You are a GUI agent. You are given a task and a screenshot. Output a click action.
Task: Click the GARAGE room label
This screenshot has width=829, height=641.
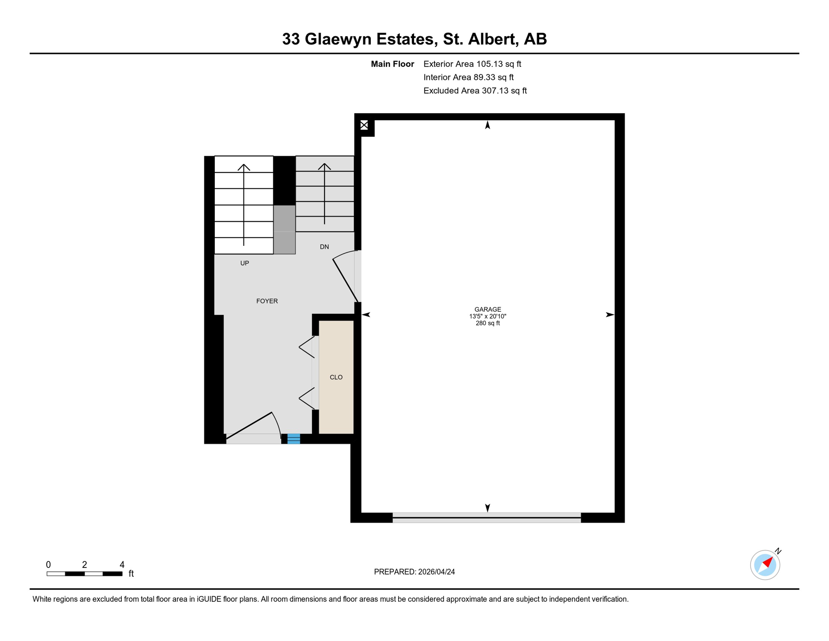point(487,309)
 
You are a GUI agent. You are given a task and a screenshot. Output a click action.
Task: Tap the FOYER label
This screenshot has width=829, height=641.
point(267,301)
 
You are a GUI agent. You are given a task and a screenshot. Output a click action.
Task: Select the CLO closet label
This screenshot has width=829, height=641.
point(336,377)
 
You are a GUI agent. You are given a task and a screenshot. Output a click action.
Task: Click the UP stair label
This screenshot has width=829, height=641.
point(245,263)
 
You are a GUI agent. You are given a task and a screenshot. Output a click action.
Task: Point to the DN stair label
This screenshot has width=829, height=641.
point(324,247)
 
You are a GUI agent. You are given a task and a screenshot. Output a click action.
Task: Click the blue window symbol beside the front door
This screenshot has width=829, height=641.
point(294,439)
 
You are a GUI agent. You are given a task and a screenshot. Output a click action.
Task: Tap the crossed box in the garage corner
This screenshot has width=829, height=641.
point(364,125)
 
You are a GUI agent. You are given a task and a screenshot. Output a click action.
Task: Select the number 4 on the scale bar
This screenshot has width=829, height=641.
point(122,565)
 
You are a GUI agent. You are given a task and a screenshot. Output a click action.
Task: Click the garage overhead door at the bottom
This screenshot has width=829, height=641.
point(487,517)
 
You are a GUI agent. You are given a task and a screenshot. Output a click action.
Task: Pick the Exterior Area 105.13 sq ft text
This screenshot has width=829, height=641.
point(472,64)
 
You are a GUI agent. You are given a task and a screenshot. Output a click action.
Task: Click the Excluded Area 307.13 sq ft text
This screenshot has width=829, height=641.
point(475,91)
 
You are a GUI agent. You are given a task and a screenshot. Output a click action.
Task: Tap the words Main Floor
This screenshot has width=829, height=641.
point(392,64)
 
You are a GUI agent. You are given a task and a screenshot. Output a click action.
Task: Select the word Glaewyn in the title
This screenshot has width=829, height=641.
point(338,39)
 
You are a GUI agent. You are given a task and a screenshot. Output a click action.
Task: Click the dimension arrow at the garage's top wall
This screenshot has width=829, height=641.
point(487,125)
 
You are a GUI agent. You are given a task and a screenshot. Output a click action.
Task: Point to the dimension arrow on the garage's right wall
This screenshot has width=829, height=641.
point(610,315)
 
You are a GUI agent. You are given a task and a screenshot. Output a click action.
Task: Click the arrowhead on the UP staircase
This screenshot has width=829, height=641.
point(244,167)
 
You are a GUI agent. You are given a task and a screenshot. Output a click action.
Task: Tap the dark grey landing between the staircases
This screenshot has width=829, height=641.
point(284,230)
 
